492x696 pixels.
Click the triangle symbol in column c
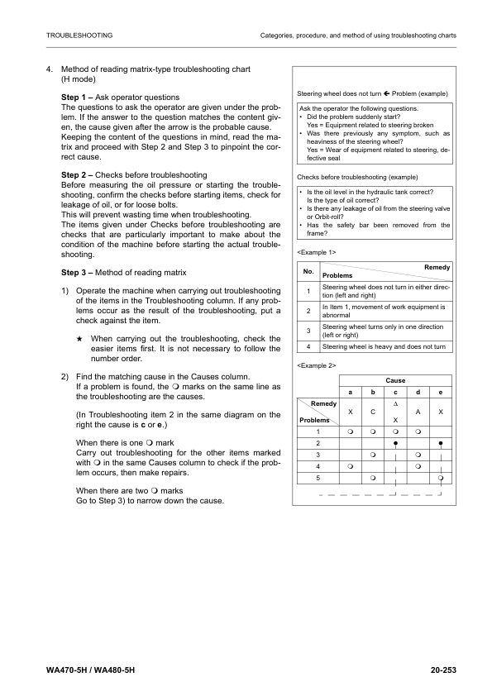[x=395, y=403]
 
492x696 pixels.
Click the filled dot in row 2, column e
[x=442, y=443]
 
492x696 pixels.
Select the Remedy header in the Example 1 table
[x=437, y=268]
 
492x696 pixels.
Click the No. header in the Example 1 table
[x=308, y=271]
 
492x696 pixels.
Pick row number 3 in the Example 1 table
[x=308, y=331]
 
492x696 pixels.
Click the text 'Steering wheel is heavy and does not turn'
[x=384, y=347]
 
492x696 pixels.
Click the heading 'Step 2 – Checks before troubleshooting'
[x=134, y=175]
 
